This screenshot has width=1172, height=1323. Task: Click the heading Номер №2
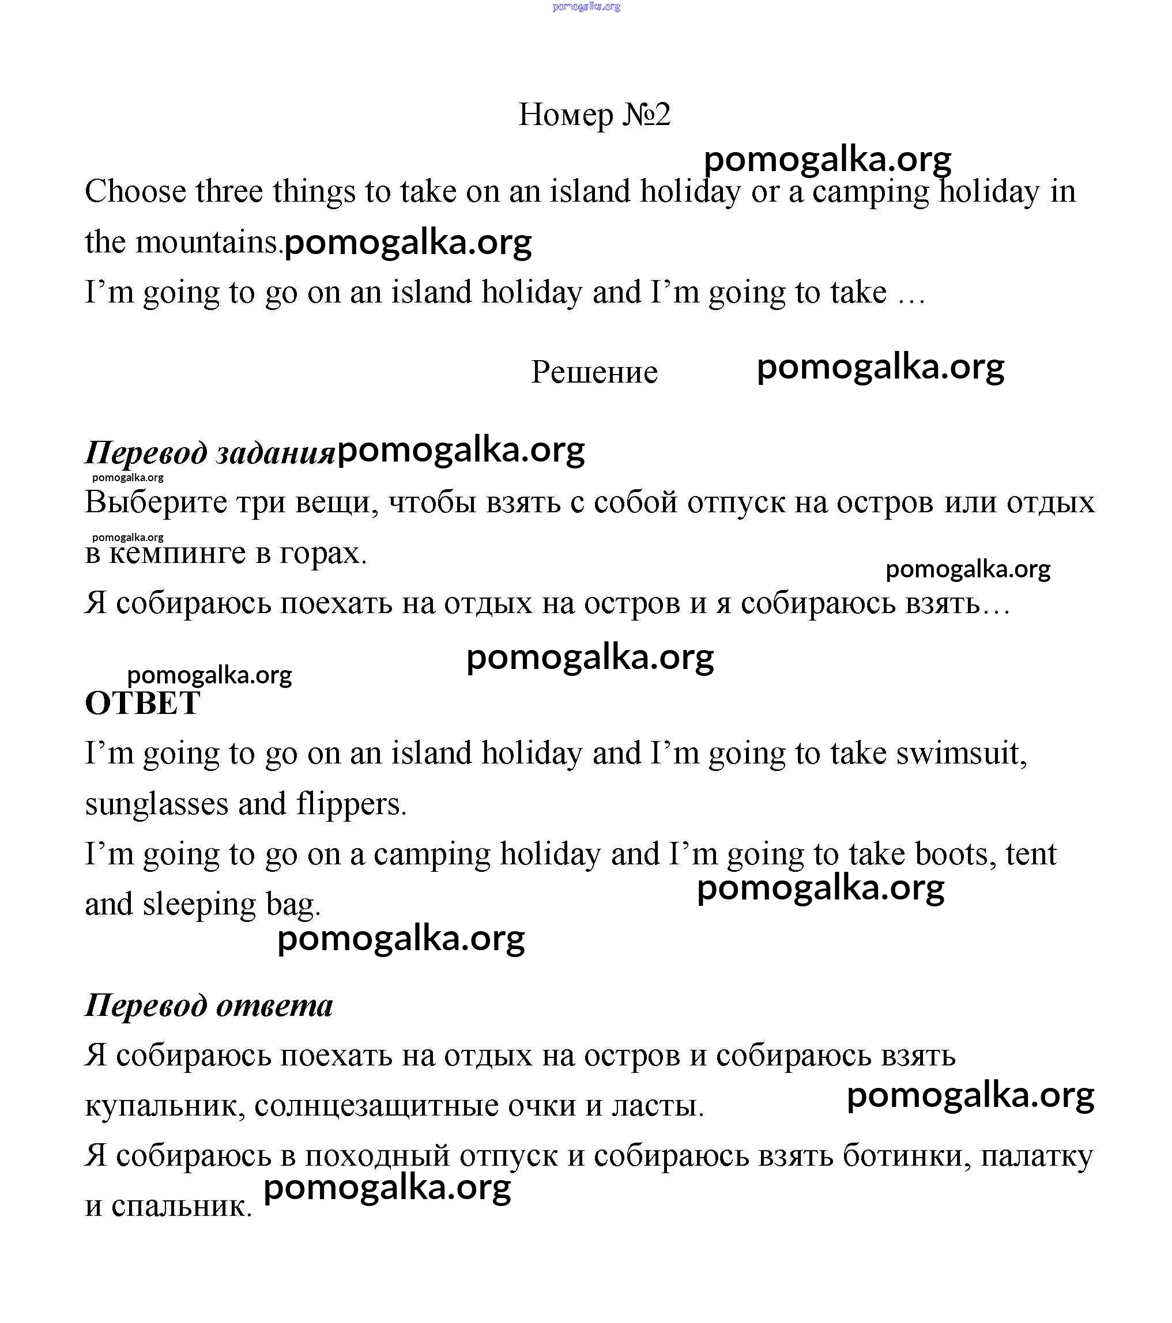coord(594,115)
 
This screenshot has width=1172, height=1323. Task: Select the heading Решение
coord(594,372)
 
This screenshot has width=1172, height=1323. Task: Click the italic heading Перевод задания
coord(210,452)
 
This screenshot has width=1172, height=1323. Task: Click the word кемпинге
coord(177,553)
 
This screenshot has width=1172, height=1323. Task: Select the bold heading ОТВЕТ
coord(142,704)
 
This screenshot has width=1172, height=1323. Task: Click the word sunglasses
coord(157,804)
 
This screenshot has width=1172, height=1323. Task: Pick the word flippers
coord(351,804)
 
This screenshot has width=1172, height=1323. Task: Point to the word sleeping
coord(199,905)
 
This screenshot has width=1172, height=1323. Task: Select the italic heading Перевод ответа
coord(209,1005)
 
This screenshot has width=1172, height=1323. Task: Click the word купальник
coord(164,1106)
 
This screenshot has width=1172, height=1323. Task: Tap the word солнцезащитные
coord(376,1106)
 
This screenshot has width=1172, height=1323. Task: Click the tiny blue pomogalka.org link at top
coord(586,6)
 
